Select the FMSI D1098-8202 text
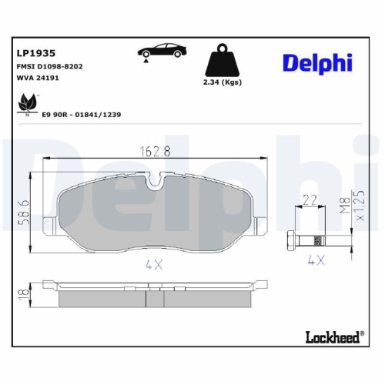pos(49,67)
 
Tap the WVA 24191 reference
pos(37,79)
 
